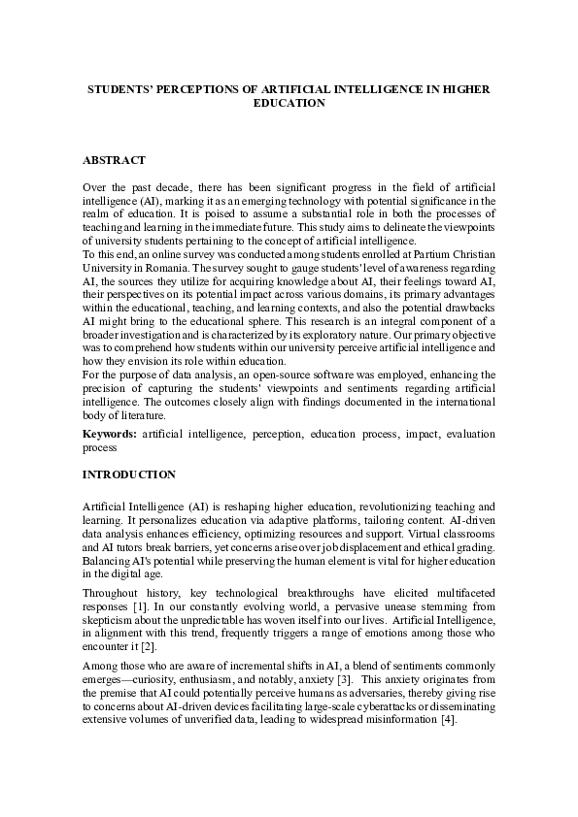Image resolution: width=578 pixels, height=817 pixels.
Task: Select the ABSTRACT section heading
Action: pos(114,158)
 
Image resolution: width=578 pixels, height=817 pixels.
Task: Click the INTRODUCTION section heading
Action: pos(128,475)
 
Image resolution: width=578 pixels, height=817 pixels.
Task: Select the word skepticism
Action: pos(109,628)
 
